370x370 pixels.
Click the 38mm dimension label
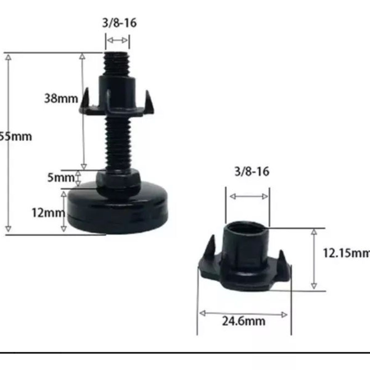tap(61, 99)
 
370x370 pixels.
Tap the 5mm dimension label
tap(61, 178)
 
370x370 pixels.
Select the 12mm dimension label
tap(48, 213)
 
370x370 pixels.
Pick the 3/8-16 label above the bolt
tap(119, 23)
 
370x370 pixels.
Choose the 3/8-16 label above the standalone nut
tap(252, 171)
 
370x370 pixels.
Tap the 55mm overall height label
tap(15, 136)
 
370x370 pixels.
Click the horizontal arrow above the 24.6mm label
tap(244, 314)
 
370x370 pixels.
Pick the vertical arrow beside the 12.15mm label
tap(314, 259)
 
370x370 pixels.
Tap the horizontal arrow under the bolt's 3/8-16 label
tap(117, 40)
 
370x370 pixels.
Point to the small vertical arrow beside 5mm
tap(78, 178)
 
